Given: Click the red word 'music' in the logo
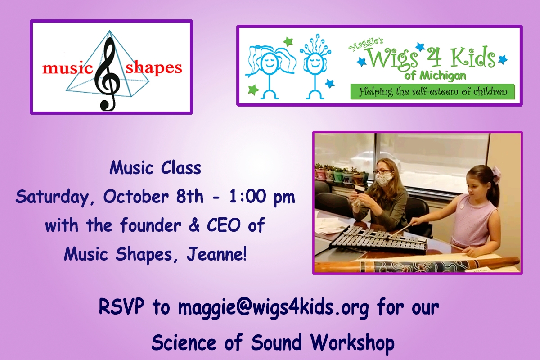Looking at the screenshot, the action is (x=68, y=68).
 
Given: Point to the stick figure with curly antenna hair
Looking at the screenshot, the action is (x=315, y=66).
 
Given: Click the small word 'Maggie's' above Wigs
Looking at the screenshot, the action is (x=366, y=45).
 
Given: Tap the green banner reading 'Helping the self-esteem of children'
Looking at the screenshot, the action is (x=433, y=92).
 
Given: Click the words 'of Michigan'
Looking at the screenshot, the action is (x=435, y=76).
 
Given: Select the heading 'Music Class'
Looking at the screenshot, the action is (x=155, y=167).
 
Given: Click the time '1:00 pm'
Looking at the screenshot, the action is (x=262, y=197).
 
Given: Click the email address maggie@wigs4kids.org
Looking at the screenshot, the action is (x=274, y=307).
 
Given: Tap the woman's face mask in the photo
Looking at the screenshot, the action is (x=384, y=180).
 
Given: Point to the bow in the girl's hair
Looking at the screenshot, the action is (x=496, y=174).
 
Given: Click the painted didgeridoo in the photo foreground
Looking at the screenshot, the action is (x=417, y=265).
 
